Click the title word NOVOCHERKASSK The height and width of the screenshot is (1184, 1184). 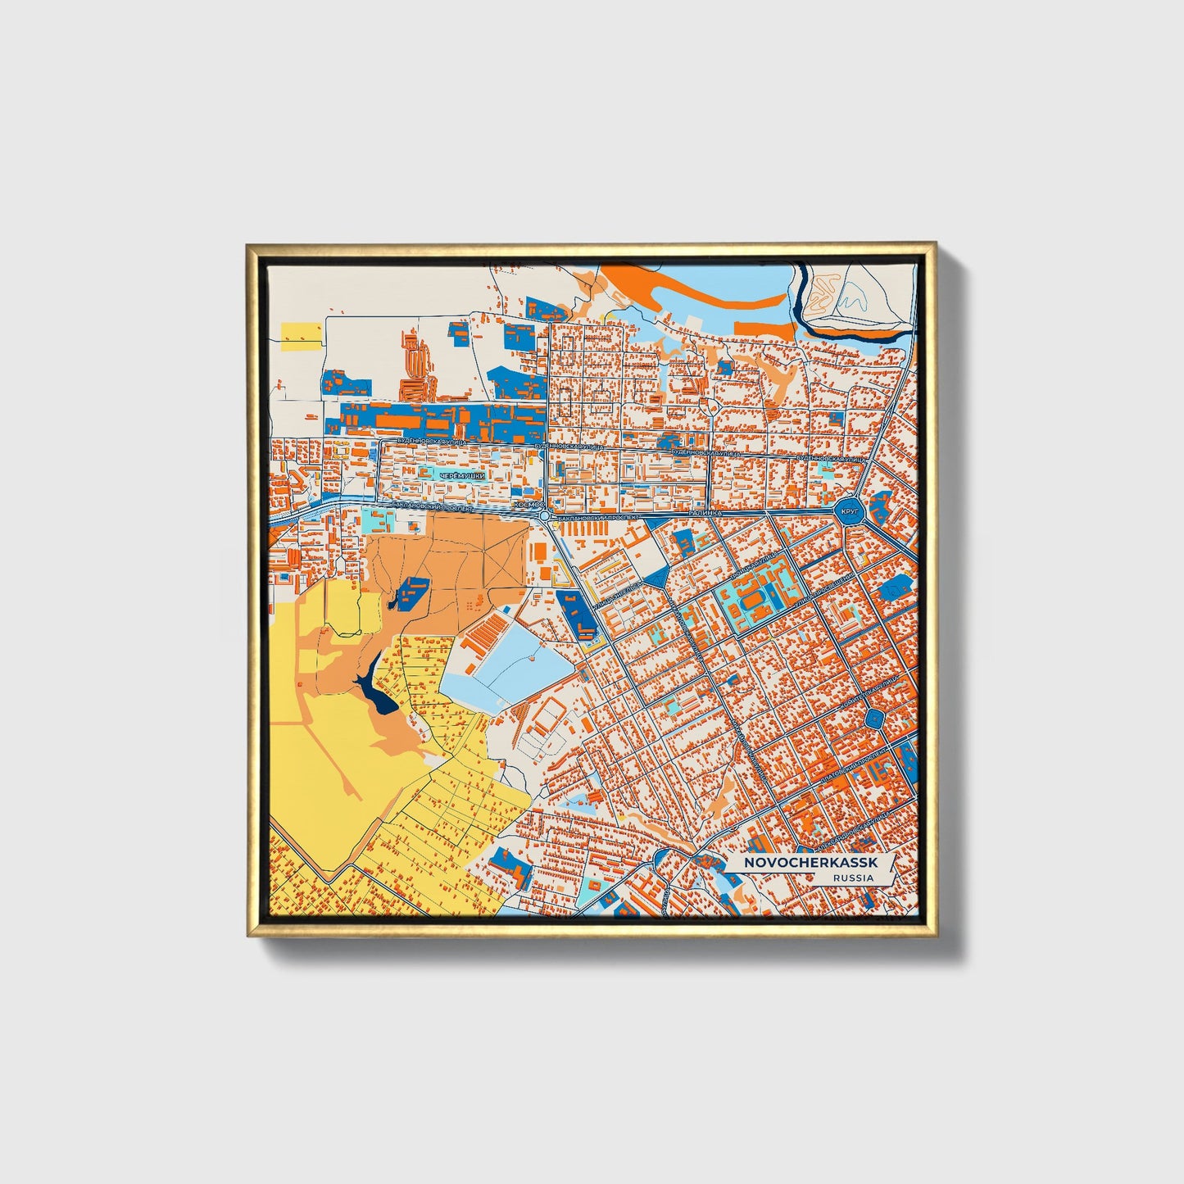click(810, 864)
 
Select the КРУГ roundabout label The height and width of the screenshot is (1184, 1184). click(850, 512)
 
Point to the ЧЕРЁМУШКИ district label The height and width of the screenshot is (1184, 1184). click(462, 477)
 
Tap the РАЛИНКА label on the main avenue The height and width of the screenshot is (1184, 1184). click(705, 512)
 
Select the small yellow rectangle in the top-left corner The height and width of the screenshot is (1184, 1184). click(301, 333)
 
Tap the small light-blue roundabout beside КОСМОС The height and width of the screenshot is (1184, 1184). click(545, 517)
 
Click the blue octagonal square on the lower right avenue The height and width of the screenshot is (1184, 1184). click(875, 719)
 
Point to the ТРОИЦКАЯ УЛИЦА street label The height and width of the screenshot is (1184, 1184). click(755, 560)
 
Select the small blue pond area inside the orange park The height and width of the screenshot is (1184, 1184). click(410, 591)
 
